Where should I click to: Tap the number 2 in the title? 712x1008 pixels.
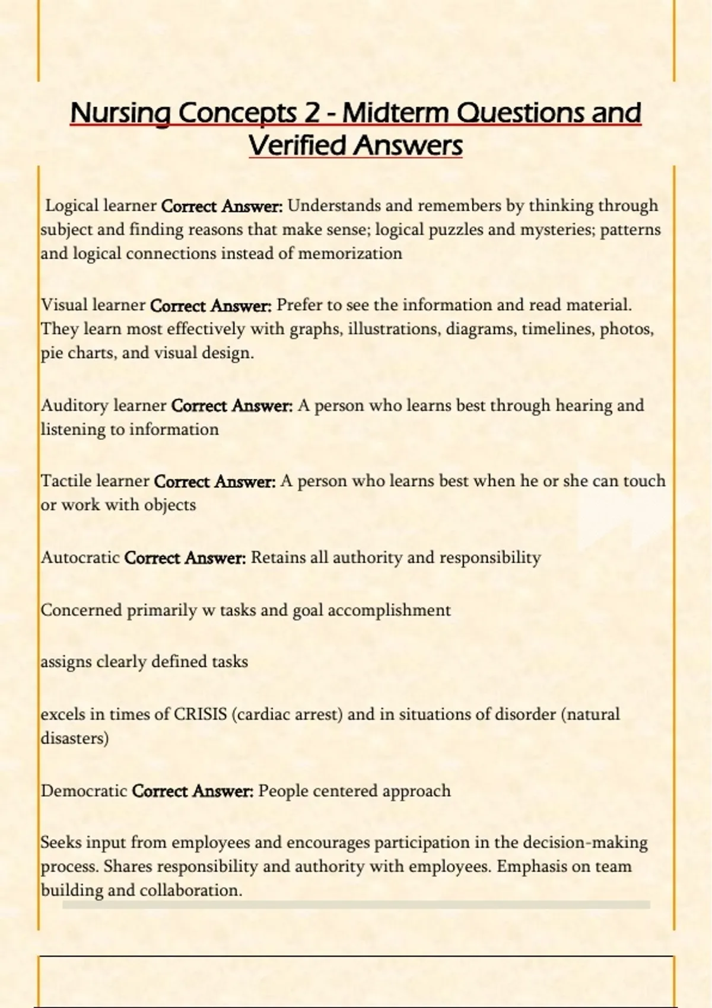[x=312, y=113]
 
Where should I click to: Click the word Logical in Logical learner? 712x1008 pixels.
[x=72, y=206]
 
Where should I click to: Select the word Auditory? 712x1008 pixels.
[x=74, y=406]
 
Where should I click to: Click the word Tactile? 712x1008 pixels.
[x=65, y=481]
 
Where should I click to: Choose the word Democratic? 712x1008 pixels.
[x=84, y=791]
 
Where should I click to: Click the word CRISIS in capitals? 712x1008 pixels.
[x=201, y=714]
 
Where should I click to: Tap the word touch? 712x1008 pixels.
[x=644, y=481]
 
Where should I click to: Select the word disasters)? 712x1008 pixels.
[x=74, y=738]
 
